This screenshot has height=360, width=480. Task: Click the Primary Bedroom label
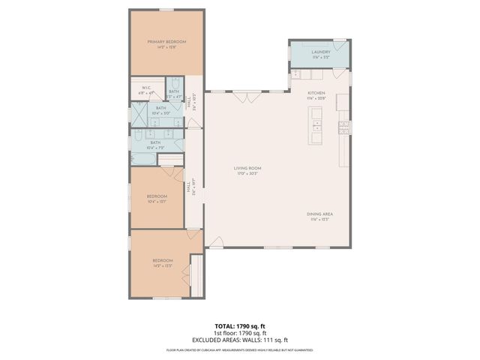166,41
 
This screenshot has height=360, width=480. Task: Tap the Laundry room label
321,52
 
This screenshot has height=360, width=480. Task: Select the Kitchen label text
316,94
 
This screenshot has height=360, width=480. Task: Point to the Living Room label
246,169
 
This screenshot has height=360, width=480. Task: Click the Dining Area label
321,214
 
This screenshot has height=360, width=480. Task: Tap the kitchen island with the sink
316,124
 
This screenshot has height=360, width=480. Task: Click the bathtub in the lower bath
142,158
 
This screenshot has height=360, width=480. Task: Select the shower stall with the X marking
140,115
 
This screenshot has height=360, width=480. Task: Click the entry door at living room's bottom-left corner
216,242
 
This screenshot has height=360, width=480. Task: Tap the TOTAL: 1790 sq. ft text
240,326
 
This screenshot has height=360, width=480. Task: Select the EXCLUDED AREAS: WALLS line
240,340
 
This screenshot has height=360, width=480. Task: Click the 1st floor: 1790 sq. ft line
240,333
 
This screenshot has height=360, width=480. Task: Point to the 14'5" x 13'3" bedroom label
163,263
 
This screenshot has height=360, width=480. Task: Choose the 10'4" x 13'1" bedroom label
157,199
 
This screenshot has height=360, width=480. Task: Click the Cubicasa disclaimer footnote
240,350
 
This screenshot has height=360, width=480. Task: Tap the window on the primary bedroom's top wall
166,10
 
